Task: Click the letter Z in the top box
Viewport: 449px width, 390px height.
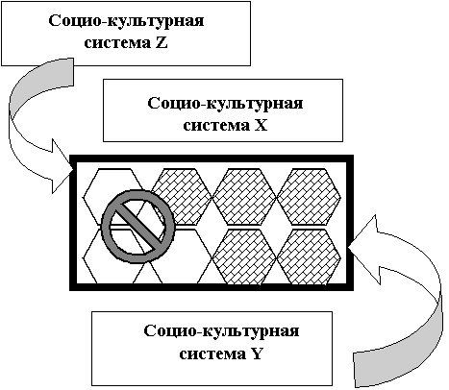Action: pos(162,43)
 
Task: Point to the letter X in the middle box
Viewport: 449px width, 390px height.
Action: pos(261,125)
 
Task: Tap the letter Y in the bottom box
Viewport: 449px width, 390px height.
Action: pos(256,354)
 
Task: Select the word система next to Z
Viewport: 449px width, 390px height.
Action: pos(117,43)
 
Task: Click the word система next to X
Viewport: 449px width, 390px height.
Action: pos(216,126)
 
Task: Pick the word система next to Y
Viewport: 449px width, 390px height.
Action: pos(212,354)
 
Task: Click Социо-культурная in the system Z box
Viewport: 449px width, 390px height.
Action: pos(126,22)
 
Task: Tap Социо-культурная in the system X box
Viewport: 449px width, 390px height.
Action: pos(225,105)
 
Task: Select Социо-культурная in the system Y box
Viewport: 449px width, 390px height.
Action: pos(221,331)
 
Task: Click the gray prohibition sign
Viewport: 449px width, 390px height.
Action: pos(138,226)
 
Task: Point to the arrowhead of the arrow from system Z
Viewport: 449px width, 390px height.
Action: pos(62,166)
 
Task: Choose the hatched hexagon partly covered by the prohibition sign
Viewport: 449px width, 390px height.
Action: pos(182,196)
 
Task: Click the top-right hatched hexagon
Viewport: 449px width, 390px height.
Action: pos(309,196)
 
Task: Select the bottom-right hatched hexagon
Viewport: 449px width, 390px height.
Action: pos(309,257)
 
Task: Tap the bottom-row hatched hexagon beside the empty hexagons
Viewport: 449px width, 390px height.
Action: pos(244,257)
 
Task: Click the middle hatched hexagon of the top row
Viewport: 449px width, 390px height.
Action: pos(244,196)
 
